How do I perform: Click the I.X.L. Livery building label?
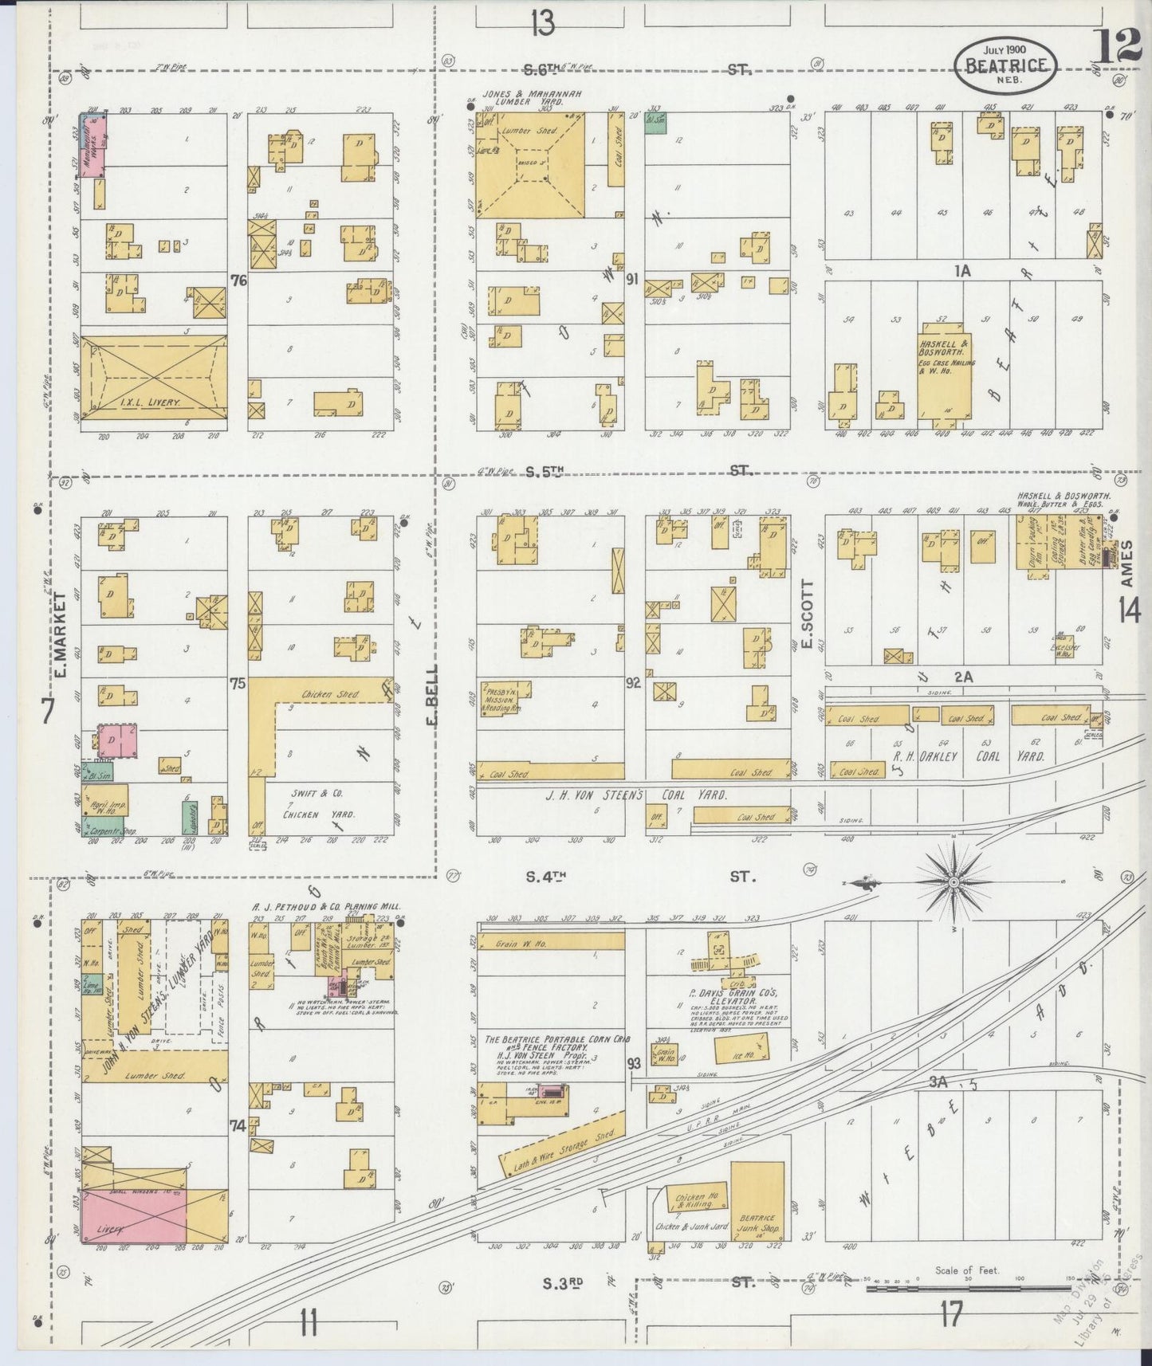(154, 403)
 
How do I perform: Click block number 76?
(237, 280)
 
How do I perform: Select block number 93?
(634, 1063)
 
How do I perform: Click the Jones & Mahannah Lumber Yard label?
(531, 98)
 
